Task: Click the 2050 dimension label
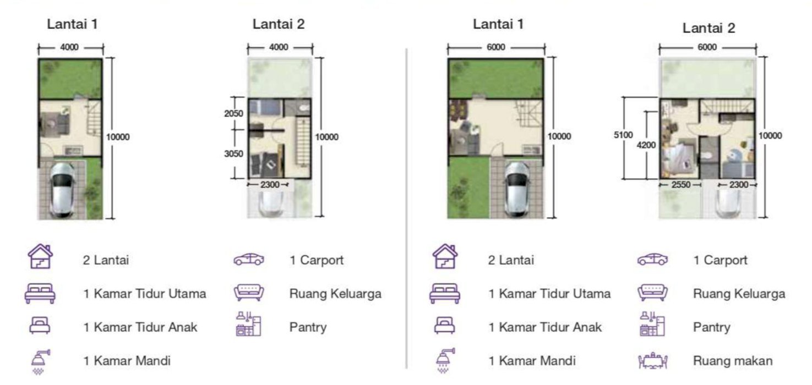coord(233,113)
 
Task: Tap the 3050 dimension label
coord(233,153)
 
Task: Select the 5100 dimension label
coord(623,135)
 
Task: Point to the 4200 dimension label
coord(646,145)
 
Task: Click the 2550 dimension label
coord(681,185)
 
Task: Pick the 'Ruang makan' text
coord(733,361)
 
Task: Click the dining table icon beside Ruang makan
coord(652,361)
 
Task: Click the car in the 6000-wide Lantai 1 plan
coord(517,189)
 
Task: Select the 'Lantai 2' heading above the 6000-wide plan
coord(709,28)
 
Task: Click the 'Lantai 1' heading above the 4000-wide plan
coord(72,24)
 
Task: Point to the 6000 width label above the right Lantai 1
coord(495,47)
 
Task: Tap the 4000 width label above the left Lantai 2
coord(279,47)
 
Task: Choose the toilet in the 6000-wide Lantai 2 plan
coord(706,156)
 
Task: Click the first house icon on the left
coord(41,256)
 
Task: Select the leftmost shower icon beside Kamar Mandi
coord(41,361)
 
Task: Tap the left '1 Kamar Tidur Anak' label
coord(140,327)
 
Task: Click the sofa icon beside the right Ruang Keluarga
coord(652,293)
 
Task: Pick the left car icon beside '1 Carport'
coord(249,259)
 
